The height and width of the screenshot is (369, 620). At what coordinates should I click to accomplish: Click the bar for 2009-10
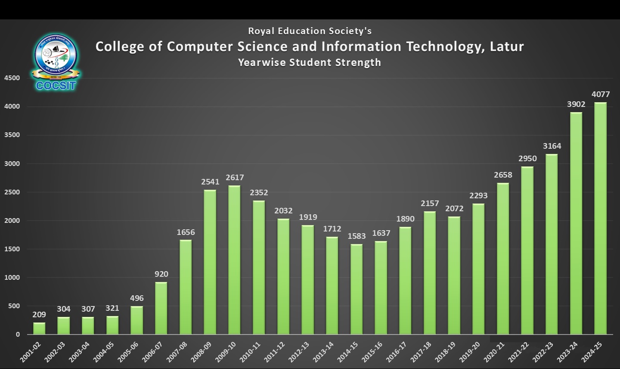(x=234, y=260)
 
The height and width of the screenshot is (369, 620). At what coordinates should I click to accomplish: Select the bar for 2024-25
(x=600, y=218)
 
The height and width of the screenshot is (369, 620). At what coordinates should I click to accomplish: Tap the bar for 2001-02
(x=39, y=328)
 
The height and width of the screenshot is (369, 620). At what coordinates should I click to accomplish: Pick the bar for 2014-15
(x=356, y=289)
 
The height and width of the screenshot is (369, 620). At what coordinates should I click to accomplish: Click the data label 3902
(x=576, y=104)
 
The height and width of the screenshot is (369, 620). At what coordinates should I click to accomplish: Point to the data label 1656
(x=186, y=232)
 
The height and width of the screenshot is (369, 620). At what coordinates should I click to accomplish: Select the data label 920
(x=161, y=274)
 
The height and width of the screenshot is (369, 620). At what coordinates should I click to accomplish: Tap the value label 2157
(x=430, y=203)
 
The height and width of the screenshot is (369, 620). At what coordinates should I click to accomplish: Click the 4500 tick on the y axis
(x=12, y=78)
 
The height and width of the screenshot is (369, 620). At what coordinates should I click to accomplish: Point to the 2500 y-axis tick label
(x=12, y=192)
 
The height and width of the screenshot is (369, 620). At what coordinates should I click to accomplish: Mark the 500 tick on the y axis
(x=14, y=306)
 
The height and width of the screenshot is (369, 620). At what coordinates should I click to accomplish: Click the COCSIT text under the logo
(x=56, y=85)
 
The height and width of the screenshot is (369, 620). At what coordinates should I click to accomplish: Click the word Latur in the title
(x=507, y=47)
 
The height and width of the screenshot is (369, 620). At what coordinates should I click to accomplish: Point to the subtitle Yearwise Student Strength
(x=310, y=63)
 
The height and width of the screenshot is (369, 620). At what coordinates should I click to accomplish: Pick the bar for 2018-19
(x=454, y=275)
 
